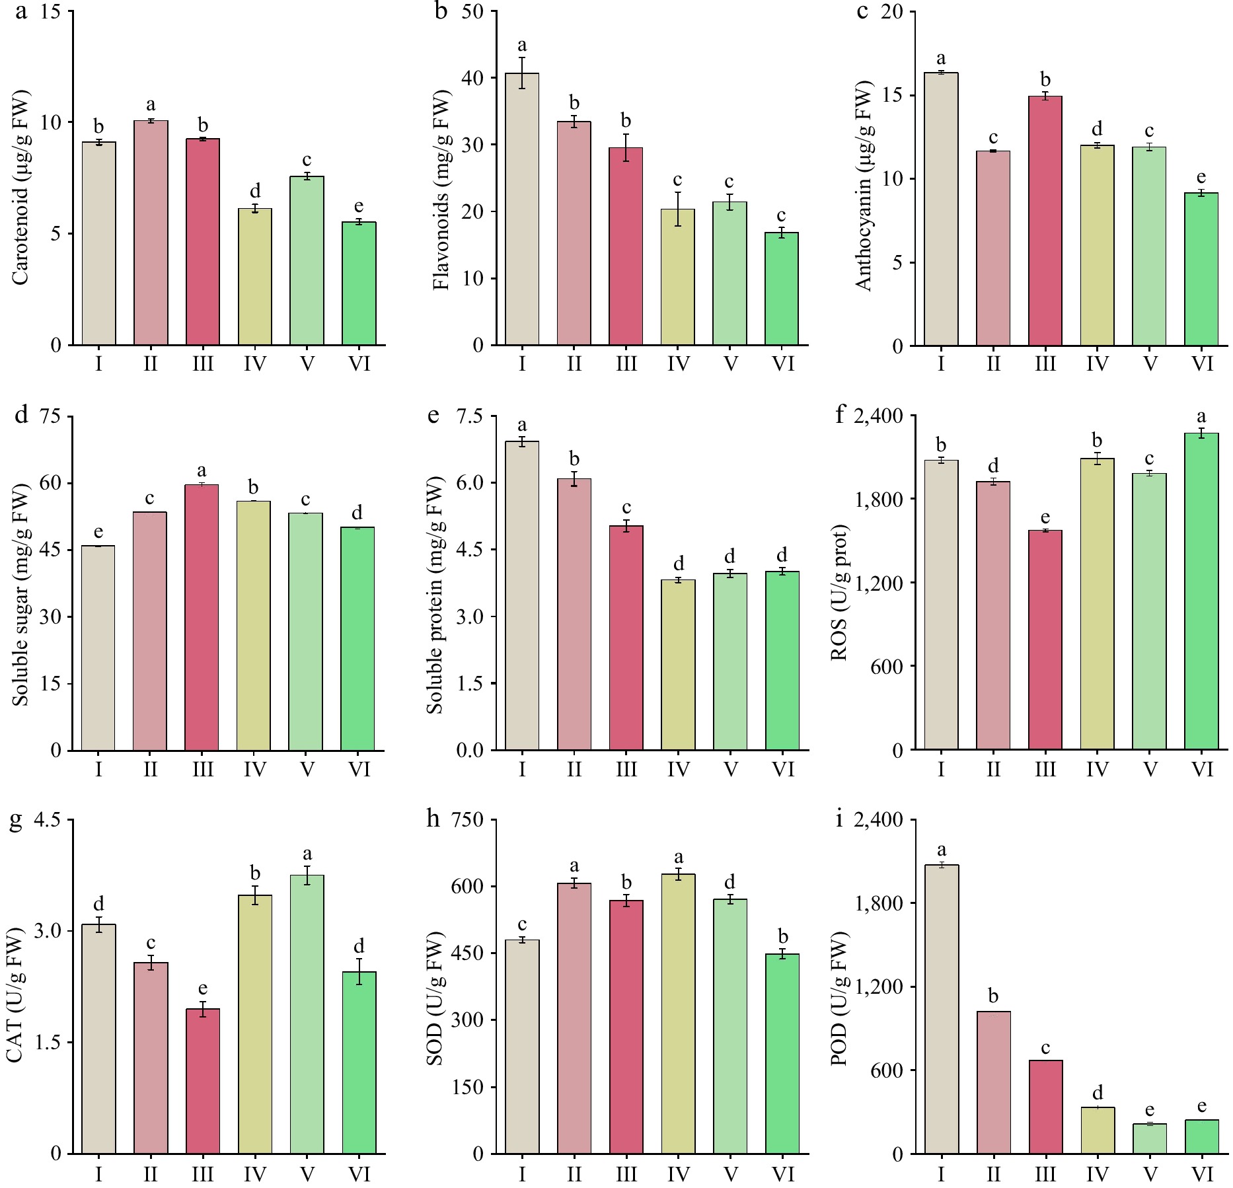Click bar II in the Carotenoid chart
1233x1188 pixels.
tap(151, 233)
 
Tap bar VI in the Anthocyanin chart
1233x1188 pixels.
tap(1201, 269)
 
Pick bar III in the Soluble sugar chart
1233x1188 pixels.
tap(202, 617)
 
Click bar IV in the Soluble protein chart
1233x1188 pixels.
tap(679, 665)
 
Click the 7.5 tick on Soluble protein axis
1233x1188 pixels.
tap(469, 416)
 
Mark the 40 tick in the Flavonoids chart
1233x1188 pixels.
tap(473, 78)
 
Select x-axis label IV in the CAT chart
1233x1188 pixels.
tap(255, 1174)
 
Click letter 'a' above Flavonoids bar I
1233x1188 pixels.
tap(522, 45)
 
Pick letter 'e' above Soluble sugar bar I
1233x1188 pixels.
tap(98, 532)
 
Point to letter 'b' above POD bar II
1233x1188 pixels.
tap(993, 996)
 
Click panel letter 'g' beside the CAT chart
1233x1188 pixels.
tap(15, 820)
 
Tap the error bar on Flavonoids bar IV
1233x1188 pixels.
tap(679, 209)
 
